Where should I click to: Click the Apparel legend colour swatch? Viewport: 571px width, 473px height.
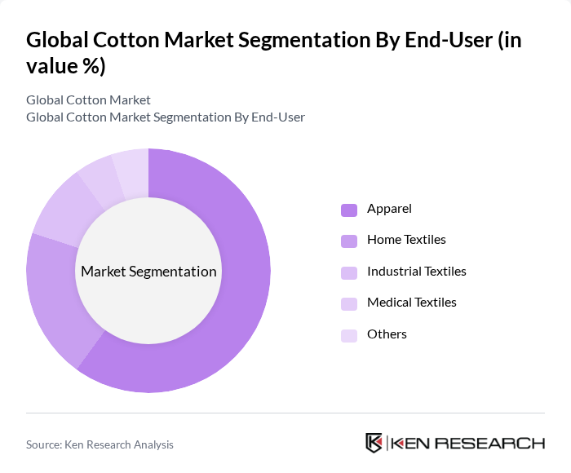point(349,210)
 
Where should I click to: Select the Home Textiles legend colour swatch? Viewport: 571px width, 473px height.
point(349,241)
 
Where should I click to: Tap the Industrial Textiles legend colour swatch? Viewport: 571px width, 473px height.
point(349,272)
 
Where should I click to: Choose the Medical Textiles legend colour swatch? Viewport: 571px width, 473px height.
point(349,303)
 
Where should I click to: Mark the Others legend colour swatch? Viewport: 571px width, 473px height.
point(349,334)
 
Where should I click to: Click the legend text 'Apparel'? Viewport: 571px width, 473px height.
point(389,209)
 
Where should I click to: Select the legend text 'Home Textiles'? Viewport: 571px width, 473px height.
point(406,240)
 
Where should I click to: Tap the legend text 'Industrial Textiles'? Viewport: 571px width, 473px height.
point(416,271)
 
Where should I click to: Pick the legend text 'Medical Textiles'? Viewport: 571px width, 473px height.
point(411,303)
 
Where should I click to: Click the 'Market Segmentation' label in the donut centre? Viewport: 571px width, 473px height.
point(148,272)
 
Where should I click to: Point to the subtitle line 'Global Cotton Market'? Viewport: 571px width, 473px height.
point(88,99)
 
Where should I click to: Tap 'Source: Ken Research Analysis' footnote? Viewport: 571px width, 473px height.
point(100,444)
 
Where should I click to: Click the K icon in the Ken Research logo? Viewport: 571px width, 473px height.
point(374,443)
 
